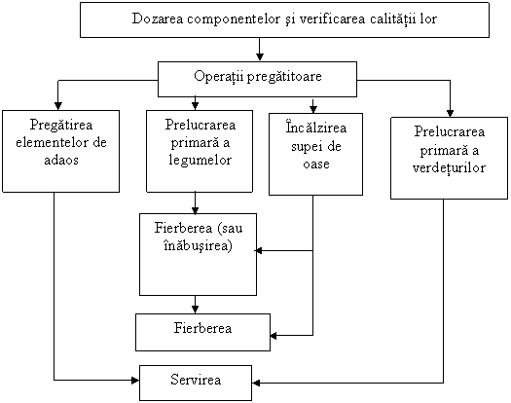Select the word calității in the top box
[x=393, y=19]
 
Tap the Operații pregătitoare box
[x=258, y=79]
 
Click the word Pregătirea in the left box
[x=61, y=126]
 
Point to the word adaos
[x=61, y=160]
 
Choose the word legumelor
[x=201, y=161]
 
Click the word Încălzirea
[x=315, y=128]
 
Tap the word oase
[x=315, y=164]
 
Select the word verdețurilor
[x=449, y=168]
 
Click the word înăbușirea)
[x=198, y=245]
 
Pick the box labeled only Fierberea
[x=202, y=332]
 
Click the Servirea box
[x=196, y=383]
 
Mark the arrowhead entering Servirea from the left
[x=135, y=381]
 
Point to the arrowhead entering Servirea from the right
[x=256, y=383]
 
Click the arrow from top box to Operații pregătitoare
[x=260, y=50]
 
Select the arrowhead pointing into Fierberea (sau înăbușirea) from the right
[x=259, y=251]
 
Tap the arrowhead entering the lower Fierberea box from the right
[x=274, y=336]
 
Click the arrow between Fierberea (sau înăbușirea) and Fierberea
[x=195, y=305]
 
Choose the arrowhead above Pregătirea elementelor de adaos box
[x=58, y=106]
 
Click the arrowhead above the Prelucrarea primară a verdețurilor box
[x=450, y=113]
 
